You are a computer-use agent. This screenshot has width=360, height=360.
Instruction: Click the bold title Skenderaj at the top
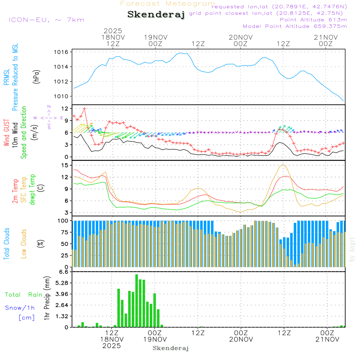point(156,14)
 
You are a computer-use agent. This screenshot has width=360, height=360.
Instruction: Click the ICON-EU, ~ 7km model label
point(46,20)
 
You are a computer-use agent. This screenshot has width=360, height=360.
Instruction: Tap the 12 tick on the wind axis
point(65,108)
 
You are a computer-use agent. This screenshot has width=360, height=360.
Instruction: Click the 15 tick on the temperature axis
point(65,165)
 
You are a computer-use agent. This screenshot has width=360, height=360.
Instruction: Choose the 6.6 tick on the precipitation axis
point(63,272)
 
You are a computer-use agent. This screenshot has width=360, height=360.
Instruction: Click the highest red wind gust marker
point(85,108)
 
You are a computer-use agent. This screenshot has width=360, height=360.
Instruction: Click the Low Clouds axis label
point(24,243)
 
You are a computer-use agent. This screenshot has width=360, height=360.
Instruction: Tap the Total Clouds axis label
point(6,243)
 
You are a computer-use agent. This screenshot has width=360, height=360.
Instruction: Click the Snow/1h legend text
point(20,308)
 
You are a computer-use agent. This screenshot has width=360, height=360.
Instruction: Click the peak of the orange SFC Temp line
point(283,165)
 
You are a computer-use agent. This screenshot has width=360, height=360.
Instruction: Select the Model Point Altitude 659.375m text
point(295,26)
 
